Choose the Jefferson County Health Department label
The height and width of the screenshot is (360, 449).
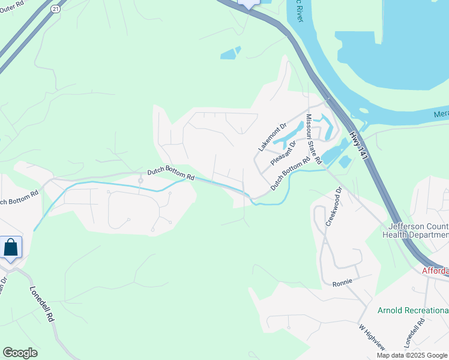[x=418, y=230]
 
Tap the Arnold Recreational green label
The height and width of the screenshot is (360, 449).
[x=412, y=310]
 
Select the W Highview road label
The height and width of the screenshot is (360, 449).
[x=371, y=337]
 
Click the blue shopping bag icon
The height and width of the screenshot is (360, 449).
[x=11, y=247]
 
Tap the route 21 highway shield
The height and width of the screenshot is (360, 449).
[x=56, y=9]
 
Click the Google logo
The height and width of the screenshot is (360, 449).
[x=20, y=353]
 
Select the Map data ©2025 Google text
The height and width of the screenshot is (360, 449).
[x=412, y=355]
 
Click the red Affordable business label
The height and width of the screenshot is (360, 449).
[x=435, y=271]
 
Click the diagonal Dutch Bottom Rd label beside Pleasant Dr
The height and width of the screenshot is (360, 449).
[x=290, y=174]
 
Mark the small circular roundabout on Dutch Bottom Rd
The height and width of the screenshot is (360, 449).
[x=140, y=180]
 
